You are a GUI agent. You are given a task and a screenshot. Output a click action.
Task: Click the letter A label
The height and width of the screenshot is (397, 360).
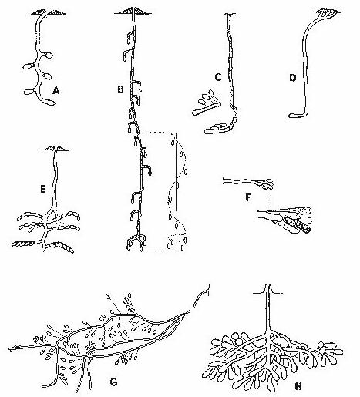(56, 90)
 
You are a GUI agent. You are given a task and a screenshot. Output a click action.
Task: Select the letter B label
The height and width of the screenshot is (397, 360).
(120, 89)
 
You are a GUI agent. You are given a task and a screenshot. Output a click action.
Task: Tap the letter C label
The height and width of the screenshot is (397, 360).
(218, 77)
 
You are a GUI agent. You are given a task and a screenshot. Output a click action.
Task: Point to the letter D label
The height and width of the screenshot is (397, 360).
(293, 77)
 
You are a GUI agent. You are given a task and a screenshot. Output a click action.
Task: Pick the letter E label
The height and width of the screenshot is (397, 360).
(42, 190)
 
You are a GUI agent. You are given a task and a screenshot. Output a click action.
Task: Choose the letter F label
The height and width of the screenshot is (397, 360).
(248, 197)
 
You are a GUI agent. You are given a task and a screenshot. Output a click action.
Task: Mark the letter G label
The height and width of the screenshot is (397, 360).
(113, 382)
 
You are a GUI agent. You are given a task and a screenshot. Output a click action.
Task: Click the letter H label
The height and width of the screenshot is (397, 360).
(298, 386)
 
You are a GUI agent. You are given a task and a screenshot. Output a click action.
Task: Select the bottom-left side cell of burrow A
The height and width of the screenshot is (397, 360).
(29, 92)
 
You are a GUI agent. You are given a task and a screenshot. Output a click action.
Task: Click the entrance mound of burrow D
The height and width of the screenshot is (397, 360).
(327, 13)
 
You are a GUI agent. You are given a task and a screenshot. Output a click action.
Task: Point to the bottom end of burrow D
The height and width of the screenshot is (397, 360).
(291, 116)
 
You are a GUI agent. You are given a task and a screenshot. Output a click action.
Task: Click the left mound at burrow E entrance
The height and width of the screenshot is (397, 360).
(48, 149)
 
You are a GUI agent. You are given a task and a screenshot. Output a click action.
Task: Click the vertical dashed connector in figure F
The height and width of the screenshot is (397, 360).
(271, 198)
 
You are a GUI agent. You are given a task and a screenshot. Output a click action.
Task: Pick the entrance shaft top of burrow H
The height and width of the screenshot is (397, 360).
(268, 287)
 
